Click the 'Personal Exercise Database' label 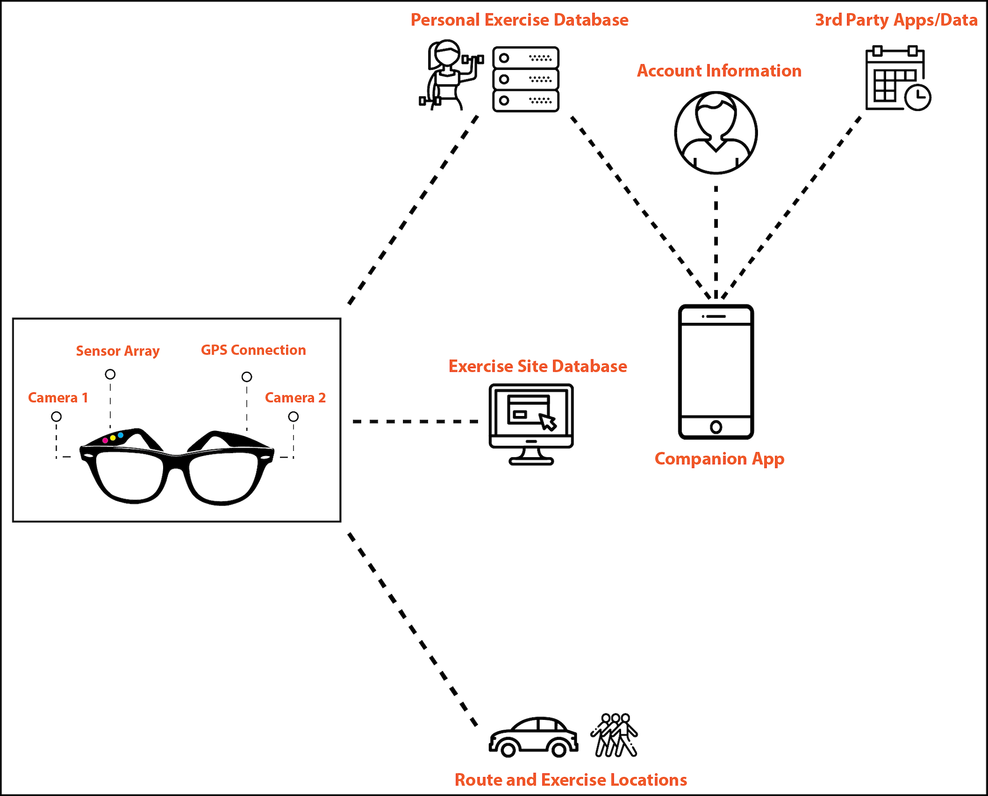point(519,20)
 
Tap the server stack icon point(525,79)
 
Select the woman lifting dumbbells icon point(449,75)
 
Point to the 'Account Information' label point(719,71)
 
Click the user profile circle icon point(716,133)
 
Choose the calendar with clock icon point(897,79)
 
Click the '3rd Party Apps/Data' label point(896,20)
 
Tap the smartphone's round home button point(716,427)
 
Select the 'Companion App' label point(719,459)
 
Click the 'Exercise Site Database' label point(538,366)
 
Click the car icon point(533,737)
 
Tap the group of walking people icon point(615,735)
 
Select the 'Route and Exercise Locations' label point(571,780)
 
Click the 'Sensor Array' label point(118,351)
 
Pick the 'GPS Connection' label point(253,350)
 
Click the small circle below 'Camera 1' point(57,417)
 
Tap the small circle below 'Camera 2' point(293,417)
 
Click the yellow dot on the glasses point(113,438)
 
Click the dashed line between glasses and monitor point(415,422)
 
